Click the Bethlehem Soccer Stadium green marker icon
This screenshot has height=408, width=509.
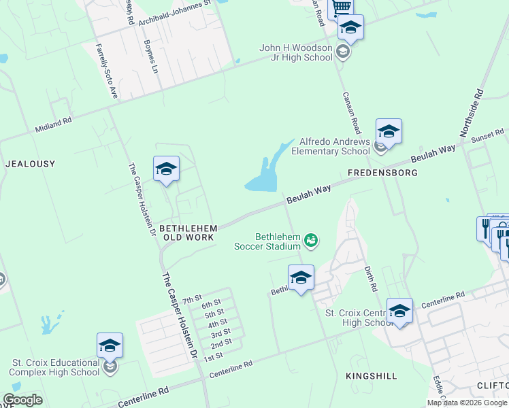pos(312,240)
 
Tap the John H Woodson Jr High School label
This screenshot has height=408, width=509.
pos(296,52)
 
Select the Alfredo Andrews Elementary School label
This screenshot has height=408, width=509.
pos(331,146)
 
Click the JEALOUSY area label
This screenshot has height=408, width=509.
pos(30,164)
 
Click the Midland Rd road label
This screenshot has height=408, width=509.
pos(53,124)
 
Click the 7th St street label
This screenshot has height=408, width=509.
pos(193,299)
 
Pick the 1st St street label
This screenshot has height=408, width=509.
pos(213,357)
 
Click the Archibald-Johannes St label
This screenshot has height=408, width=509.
pos(175,14)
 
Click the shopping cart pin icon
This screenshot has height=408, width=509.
pos(340,7)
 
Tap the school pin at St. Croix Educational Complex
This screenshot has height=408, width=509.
pos(110,346)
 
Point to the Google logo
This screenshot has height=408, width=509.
pos(22,400)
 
